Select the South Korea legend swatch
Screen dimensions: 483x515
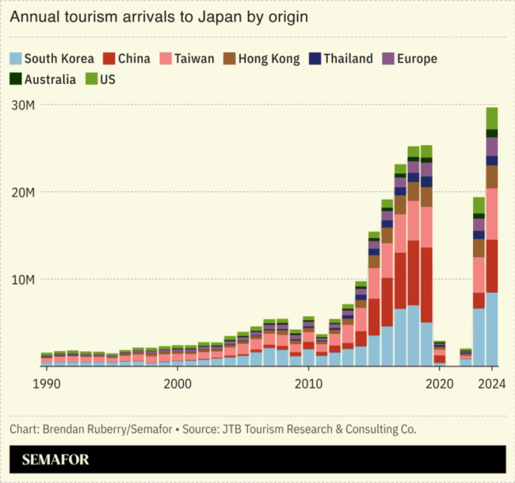point(15,59)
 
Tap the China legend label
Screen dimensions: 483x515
point(134,59)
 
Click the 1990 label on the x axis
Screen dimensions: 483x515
point(46,383)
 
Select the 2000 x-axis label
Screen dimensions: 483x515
point(177,383)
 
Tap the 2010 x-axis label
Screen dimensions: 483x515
point(308,383)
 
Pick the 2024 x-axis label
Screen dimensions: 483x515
point(492,383)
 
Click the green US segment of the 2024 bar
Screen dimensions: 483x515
point(492,118)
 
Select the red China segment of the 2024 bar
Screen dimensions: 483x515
point(492,266)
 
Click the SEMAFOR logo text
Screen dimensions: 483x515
point(55,459)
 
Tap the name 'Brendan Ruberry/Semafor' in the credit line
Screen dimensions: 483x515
point(110,429)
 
